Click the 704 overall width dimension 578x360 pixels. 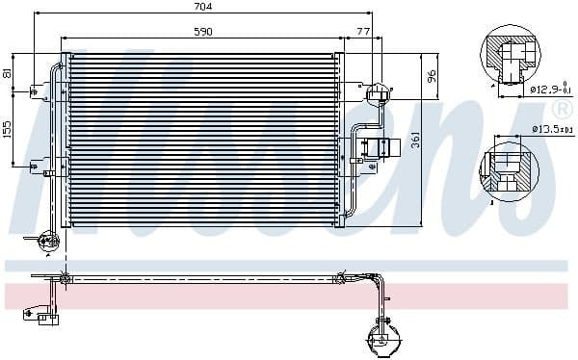203,7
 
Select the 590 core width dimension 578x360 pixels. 203,32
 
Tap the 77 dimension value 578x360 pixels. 363,32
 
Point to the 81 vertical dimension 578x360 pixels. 8,72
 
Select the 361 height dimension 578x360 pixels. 416,141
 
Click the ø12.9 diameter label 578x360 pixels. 549,90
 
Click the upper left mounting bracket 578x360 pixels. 37,92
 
